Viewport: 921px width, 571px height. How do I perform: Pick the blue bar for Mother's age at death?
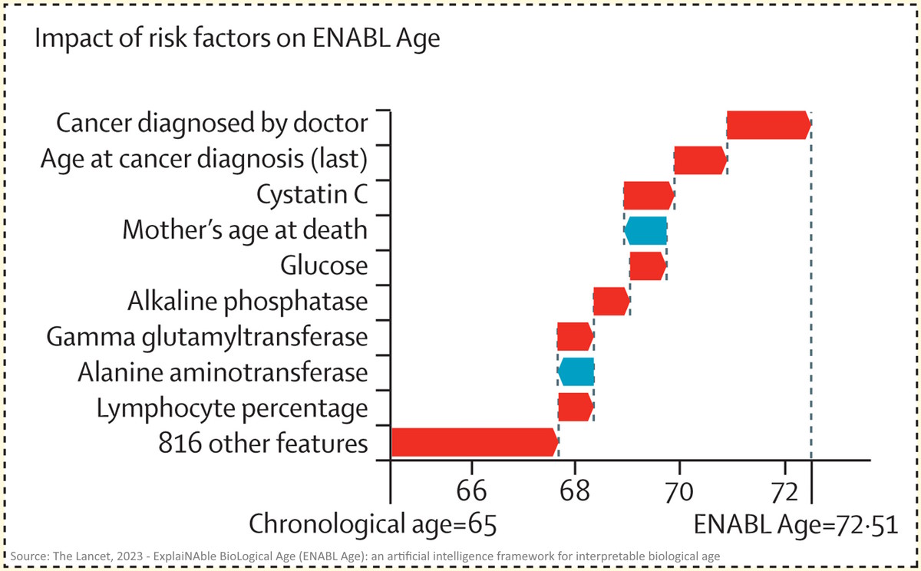tap(645, 230)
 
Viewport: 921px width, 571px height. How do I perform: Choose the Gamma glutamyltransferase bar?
tap(575, 336)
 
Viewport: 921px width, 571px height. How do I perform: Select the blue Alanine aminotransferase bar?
tap(576, 371)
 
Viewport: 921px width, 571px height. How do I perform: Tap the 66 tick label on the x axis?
tap(470, 488)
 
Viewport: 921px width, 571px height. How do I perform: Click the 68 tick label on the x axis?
tap(575, 488)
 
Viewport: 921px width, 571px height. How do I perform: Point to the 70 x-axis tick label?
tap(679, 488)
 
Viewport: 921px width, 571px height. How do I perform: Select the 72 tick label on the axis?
tap(784, 488)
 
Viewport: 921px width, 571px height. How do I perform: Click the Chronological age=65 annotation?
tap(373, 524)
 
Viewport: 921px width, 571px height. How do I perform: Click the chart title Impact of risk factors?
tap(238, 39)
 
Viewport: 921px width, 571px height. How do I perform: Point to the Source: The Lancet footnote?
tap(365, 556)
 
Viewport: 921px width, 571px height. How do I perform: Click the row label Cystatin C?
tap(312, 195)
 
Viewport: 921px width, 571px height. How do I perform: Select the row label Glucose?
tap(323, 266)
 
